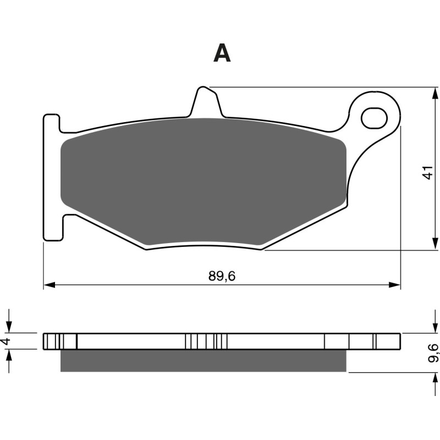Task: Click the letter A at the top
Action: (222, 53)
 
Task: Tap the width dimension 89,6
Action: (222, 277)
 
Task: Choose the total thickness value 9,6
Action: (433, 353)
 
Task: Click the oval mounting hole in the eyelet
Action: (373, 117)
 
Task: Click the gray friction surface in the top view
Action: (204, 182)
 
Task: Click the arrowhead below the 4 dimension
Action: (9, 355)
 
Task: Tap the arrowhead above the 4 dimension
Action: (9, 327)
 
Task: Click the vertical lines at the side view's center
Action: (206, 341)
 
